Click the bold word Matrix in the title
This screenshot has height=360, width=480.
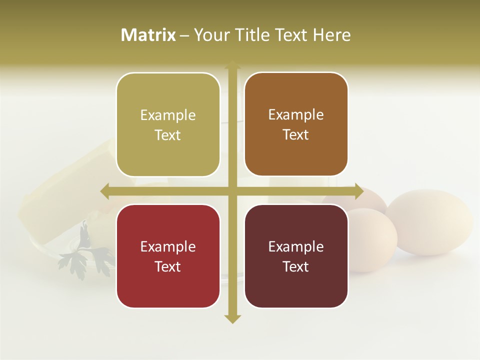point(148,35)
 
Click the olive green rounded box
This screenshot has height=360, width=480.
point(168,125)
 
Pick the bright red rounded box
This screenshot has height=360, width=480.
point(168,256)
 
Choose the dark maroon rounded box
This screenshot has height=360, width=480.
point(296,256)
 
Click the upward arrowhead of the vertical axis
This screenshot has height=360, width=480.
point(232,64)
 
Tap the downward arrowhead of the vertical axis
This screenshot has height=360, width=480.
point(232,318)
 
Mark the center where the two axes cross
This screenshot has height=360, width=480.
point(232,191)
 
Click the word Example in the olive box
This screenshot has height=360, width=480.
point(168,115)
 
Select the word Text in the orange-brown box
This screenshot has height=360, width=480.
point(296,134)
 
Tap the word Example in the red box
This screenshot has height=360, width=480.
point(168,246)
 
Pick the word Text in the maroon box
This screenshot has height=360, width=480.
point(296,266)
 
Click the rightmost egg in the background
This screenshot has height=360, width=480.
point(430,222)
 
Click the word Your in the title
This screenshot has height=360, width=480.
point(210,35)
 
